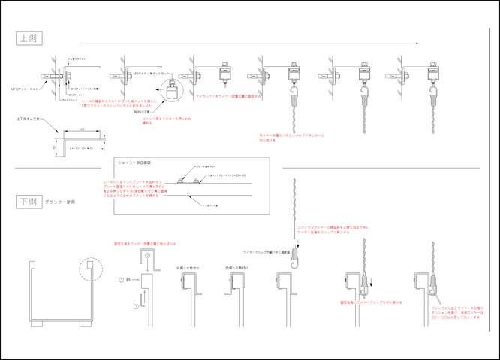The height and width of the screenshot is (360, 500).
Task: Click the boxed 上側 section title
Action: point(28,37)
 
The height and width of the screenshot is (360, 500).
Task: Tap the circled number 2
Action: point(148,257)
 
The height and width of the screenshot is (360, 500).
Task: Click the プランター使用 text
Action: point(59,202)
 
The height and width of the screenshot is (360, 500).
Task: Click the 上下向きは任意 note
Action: point(29,119)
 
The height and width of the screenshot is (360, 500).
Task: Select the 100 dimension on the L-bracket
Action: point(80,130)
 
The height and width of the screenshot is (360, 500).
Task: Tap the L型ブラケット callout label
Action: point(78,58)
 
